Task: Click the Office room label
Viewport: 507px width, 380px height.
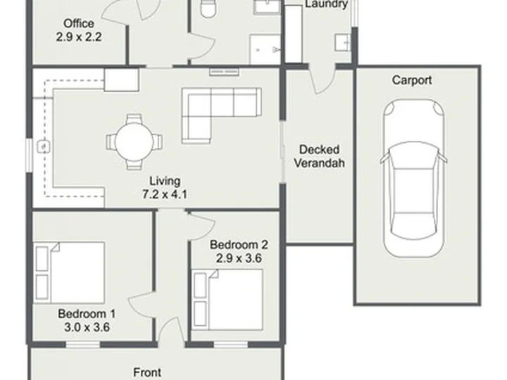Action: (79, 24)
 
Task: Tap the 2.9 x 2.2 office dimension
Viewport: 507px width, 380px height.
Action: (79, 37)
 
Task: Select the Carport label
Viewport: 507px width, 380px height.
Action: (412, 80)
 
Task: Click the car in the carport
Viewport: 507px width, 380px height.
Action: (413, 178)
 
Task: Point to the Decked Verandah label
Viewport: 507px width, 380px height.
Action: (319, 156)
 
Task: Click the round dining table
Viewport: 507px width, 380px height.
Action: (134, 142)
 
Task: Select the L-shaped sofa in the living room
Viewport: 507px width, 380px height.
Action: (222, 115)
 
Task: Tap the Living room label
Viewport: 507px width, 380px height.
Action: (165, 181)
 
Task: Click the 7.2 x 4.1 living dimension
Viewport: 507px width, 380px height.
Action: (165, 194)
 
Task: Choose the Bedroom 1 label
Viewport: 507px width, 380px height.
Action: (87, 314)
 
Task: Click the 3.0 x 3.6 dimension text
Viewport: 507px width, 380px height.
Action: (87, 327)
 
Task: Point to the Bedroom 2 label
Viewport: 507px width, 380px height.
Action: (239, 245)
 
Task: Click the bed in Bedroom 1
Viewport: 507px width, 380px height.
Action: (69, 273)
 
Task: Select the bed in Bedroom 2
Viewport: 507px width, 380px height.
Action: (227, 300)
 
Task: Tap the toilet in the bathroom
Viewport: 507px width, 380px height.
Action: (208, 8)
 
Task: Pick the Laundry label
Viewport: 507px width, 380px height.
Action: (326, 4)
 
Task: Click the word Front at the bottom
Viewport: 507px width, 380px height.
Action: (147, 372)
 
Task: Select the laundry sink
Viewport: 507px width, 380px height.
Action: (342, 42)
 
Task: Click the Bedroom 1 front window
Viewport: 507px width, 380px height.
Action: (83, 344)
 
